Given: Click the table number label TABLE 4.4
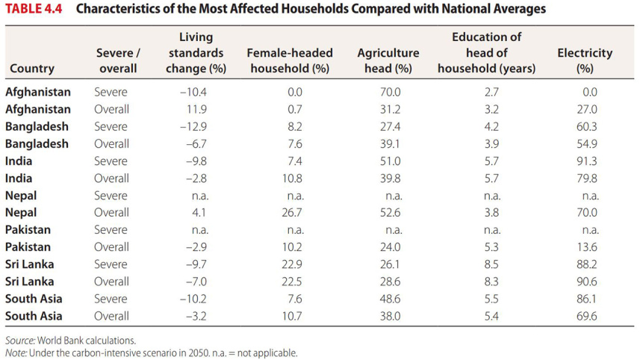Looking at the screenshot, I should [x=37, y=10].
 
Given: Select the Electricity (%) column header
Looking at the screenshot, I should [x=584, y=60].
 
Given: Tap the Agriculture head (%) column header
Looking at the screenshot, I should [x=388, y=60].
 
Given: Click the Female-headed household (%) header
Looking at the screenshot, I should [x=289, y=60].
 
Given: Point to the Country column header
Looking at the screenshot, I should [x=31, y=69].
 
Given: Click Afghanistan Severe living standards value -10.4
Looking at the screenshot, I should [x=193, y=93].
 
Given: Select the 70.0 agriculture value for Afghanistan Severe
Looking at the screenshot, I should [x=390, y=93].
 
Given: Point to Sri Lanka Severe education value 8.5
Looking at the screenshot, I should [x=491, y=264].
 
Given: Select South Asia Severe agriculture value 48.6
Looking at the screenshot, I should [x=390, y=299].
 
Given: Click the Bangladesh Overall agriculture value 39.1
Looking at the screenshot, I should [x=390, y=144].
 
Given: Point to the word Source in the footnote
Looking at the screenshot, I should [x=19, y=341].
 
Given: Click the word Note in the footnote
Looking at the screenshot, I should [x=15, y=353].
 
